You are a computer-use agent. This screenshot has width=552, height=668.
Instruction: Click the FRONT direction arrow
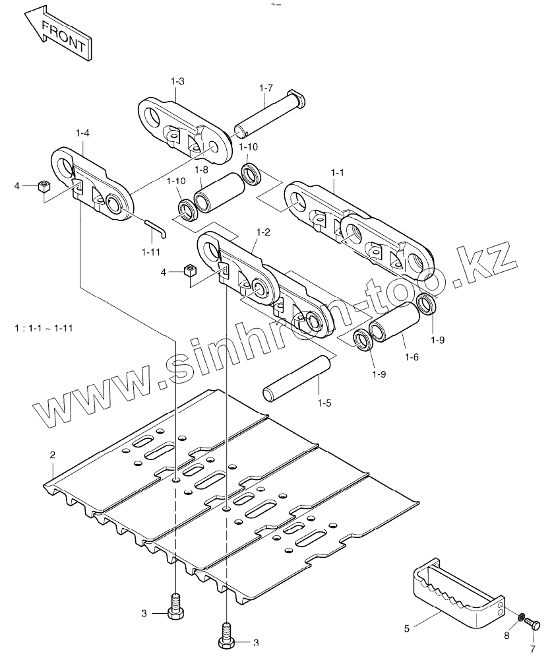coord(59,35)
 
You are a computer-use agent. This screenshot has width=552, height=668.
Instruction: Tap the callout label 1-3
coord(177,81)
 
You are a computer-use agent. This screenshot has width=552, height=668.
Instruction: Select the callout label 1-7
coord(266,88)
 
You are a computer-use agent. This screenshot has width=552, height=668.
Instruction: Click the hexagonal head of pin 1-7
coord(296,99)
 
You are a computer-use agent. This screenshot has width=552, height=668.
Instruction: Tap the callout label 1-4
coord(82,133)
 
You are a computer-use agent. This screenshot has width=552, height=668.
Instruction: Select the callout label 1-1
coord(337,172)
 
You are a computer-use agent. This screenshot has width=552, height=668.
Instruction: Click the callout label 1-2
coord(263,232)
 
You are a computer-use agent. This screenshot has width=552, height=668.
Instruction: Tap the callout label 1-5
coord(324,403)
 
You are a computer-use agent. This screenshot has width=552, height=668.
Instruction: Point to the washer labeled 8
coord(520,617)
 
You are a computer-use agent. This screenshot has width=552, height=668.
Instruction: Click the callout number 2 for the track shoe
coord(52,455)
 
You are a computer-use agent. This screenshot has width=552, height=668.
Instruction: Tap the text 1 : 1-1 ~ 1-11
coord(44,328)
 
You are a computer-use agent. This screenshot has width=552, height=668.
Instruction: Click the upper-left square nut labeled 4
coord(44,186)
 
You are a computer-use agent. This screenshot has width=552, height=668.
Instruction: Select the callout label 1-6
coord(412,357)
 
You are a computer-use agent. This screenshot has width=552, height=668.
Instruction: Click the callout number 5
coord(406,628)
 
